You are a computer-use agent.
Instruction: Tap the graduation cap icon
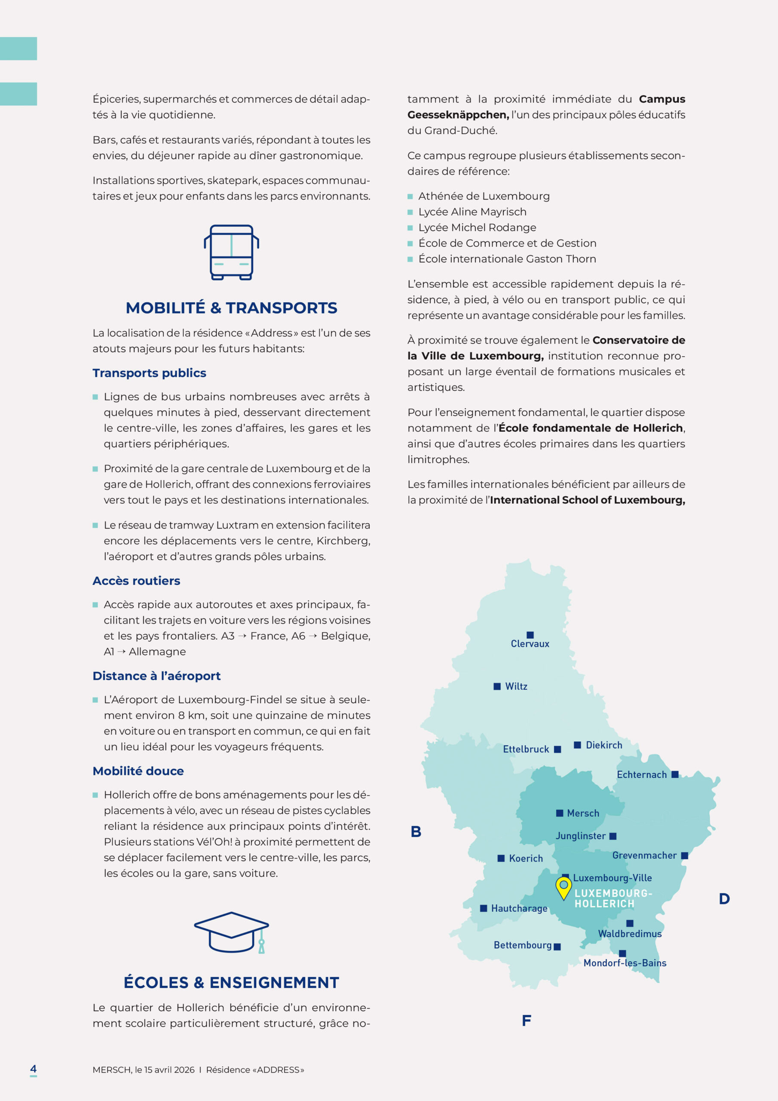(231, 932)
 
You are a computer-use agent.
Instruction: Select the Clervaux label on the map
(530, 643)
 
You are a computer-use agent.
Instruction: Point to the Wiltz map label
(516, 686)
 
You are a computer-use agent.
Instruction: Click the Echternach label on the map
(641, 775)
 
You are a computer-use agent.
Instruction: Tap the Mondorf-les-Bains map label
(625, 963)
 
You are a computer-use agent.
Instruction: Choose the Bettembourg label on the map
(523, 945)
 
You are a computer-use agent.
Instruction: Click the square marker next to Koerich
(501, 858)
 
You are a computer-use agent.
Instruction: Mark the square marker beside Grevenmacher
(685, 855)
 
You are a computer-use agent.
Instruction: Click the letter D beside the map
(724, 898)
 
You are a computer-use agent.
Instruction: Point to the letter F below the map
(527, 1021)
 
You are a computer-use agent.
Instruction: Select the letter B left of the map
(416, 831)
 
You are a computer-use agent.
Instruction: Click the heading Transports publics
(149, 373)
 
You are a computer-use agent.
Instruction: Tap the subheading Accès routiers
(136, 581)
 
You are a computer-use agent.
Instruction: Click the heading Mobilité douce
(138, 771)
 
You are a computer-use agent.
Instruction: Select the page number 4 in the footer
(33, 1068)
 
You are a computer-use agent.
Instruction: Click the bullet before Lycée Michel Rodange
(410, 228)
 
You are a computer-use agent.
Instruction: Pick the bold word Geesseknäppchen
(458, 115)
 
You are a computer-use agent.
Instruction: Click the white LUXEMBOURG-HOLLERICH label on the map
(613, 898)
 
